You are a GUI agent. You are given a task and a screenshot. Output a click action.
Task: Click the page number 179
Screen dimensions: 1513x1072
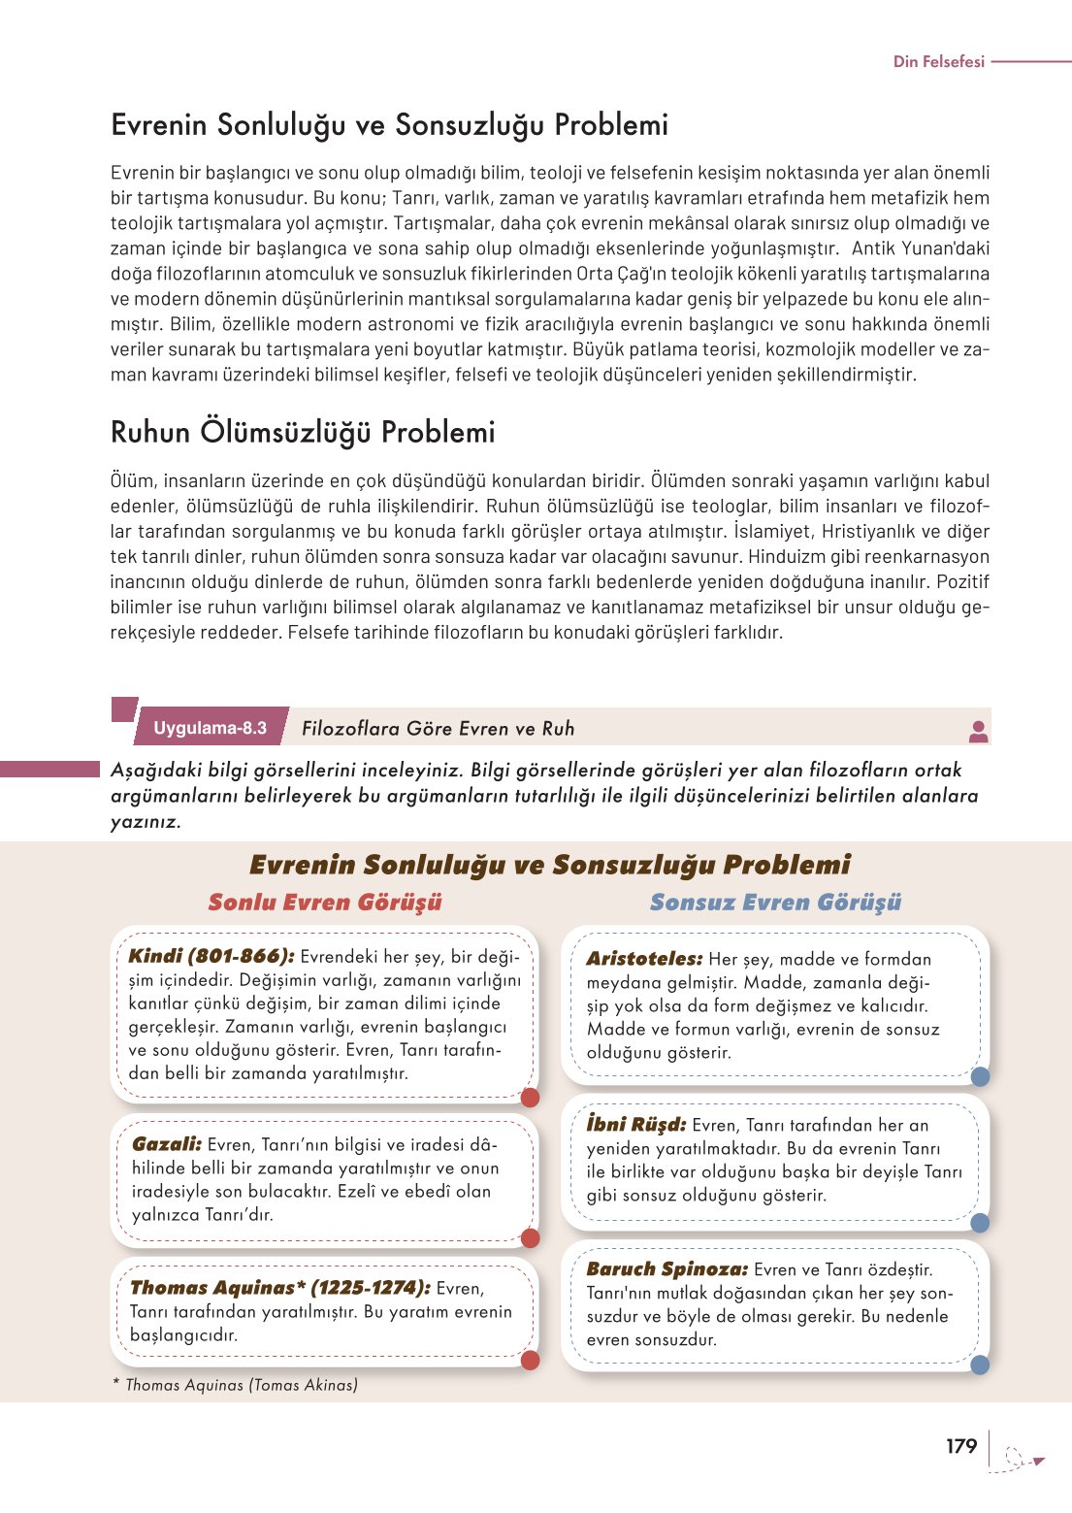[960, 1446]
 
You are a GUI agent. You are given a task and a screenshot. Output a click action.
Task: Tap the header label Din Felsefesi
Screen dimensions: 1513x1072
[938, 61]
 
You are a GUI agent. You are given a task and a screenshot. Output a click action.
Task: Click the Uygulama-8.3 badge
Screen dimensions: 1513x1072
[210, 728]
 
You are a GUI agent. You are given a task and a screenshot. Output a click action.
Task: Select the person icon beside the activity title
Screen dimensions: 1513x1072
[978, 732]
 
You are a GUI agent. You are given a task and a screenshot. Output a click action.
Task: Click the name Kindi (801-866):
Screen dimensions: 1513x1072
[211, 956]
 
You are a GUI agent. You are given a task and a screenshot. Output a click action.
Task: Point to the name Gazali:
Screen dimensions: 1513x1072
[167, 1144]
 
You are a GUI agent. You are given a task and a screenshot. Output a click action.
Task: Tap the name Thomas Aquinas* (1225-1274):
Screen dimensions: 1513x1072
[280, 1288]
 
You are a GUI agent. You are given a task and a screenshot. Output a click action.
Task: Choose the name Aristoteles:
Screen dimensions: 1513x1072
[644, 959]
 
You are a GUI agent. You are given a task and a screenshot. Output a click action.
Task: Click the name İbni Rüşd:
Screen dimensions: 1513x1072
[636, 1125]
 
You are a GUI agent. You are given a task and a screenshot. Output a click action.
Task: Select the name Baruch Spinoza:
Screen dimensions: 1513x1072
[667, 1269]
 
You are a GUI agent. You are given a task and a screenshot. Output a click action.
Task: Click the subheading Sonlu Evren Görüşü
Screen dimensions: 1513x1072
[325, 903]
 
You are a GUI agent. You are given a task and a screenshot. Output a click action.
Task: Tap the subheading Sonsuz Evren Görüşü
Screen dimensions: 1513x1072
[775, 903]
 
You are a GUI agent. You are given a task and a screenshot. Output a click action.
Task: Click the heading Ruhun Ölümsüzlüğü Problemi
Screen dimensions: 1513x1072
[303, 432]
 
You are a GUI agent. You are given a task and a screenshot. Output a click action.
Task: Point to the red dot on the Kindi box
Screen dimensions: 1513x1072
[530, 1098]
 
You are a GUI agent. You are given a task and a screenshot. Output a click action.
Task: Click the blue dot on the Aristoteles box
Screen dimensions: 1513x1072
[980, 1075]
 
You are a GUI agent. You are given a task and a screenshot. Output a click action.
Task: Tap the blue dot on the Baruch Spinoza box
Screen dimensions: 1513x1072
[980, 1365]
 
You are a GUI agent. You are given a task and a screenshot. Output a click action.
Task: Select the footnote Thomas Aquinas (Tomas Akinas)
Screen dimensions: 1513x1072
[241, 1385]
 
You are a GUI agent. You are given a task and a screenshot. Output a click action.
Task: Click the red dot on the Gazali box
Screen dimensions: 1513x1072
[530, 1237]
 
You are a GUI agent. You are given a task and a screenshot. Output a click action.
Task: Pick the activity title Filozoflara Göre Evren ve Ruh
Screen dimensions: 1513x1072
[438, 729]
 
